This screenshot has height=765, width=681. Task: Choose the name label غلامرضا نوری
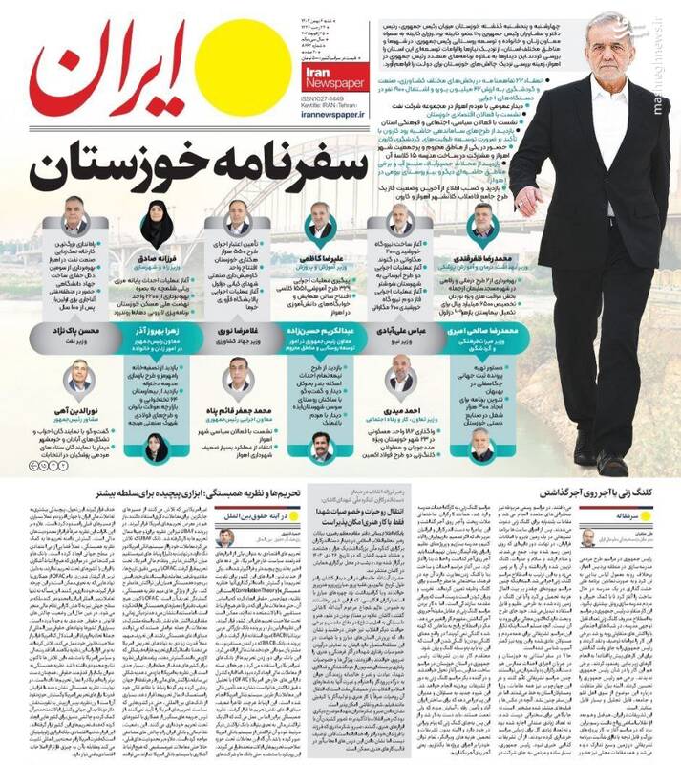pyautogui.click(x=237, y=331)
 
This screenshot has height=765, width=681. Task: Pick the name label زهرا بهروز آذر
pyautogui.click(x=156, y=331)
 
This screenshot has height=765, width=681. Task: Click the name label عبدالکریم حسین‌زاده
pyautogui.click(x=320, y=331)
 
